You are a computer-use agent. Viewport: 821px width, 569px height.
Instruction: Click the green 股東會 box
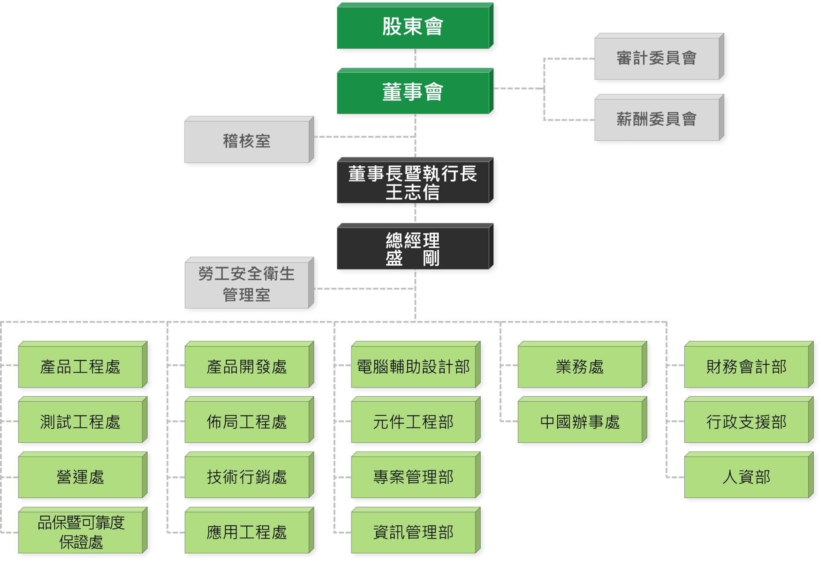click(415, 26)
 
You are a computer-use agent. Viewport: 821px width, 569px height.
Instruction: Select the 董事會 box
click(415, 91)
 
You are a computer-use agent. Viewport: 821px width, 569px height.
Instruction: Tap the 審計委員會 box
click(659, 57)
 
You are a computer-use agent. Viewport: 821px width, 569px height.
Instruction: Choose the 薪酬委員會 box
click(659, 118)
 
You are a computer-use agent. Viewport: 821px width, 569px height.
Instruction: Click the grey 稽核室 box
click(249, 140)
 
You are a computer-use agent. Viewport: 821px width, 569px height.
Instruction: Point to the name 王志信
click(413, 192)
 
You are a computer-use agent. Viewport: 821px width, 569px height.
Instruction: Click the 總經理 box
click(415, 246)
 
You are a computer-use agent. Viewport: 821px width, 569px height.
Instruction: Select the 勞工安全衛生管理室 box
click(249, 283)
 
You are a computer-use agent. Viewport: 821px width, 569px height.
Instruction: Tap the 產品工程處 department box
click(83, 365)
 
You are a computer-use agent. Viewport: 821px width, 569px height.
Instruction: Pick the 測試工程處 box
click(83, 420)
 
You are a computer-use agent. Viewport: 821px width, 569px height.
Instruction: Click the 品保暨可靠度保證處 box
click(83, 530)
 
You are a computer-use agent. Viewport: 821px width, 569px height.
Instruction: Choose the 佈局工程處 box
click(249, 420)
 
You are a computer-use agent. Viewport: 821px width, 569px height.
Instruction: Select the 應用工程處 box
click(249, 530)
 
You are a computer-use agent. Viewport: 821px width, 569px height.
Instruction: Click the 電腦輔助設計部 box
click(416, 365)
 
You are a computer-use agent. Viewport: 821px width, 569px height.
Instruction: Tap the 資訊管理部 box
click(416, 530)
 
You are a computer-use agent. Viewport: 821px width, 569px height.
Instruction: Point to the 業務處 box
click(582, 365)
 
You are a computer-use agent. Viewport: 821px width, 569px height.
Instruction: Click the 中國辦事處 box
click(582, 420)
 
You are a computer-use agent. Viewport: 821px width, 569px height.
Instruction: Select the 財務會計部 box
click(749, 365)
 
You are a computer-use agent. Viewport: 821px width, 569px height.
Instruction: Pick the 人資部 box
click(749, 475)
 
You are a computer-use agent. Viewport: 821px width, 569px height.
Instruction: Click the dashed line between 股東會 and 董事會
click(415, 59)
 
